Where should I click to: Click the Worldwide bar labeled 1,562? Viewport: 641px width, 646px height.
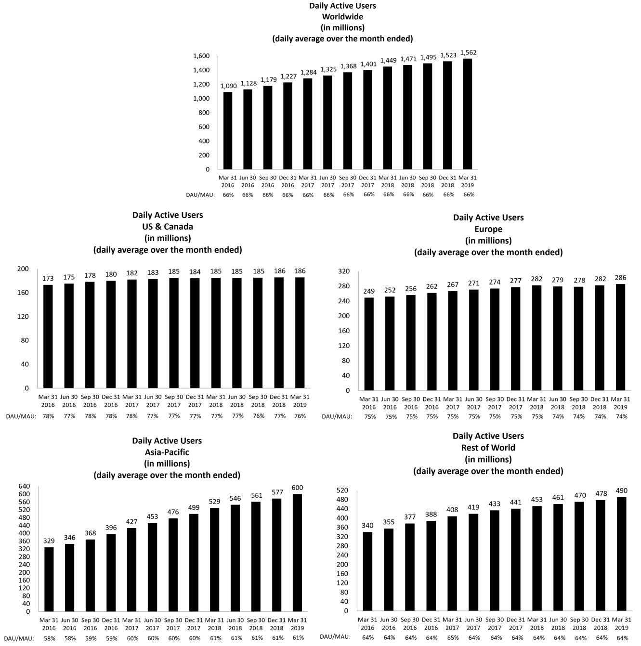coord(467,114)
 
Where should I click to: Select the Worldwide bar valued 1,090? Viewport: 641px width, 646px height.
coord(228,130)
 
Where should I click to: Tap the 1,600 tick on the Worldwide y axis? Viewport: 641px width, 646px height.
coord(201,56)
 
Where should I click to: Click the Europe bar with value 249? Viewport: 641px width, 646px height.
coord(369,344)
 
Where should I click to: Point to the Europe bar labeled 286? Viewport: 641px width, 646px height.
coord(620,337)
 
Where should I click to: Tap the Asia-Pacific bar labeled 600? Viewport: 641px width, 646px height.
coord(297,553)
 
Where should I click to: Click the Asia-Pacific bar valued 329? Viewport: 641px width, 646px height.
coord(49,579)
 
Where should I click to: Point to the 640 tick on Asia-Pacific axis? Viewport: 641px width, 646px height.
coord(24,486)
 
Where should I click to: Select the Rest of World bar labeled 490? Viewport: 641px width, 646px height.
coord(621,554)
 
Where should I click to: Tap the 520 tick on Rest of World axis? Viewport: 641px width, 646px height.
coord(342,491)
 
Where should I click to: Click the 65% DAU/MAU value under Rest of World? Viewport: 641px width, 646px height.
coord(452,637)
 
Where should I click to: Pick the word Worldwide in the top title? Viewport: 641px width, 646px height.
coord(342,16)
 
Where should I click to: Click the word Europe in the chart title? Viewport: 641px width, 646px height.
coord(488,229)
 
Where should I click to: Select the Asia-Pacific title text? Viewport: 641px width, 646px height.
coord(167,452)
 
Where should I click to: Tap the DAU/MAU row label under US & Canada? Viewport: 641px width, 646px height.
coord(21,416)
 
